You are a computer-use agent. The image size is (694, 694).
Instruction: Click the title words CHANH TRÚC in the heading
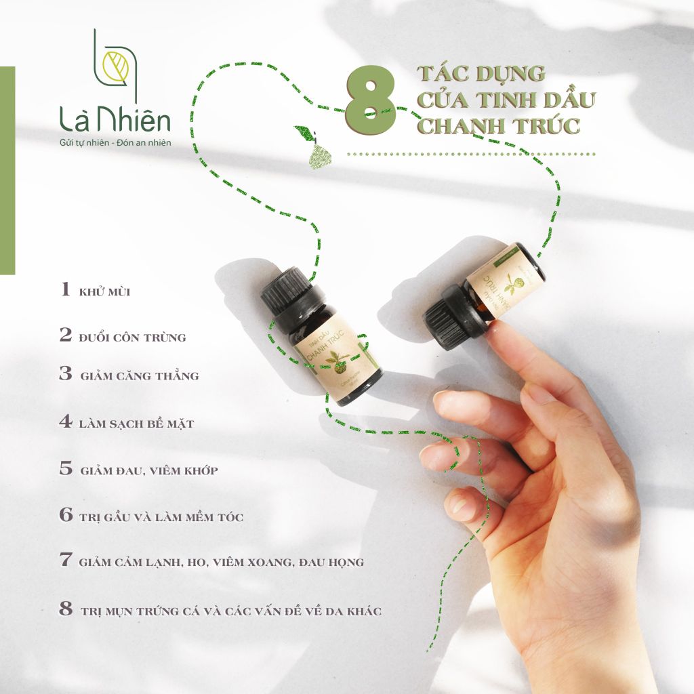pos(497,126)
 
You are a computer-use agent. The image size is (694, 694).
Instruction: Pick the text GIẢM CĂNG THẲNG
pos(140,375)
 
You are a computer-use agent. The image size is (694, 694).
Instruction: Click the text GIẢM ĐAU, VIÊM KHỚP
pos(149,470)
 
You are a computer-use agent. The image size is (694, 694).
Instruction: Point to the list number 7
pos(66,560)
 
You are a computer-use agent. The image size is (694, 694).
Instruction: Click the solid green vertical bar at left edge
pos(7,169)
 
